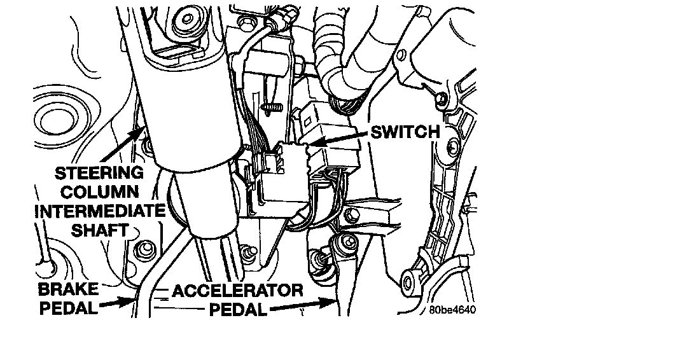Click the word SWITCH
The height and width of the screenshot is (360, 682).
pyautogui.click(x=405, y=132)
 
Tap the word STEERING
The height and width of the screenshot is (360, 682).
pyautogui.click(x=99, y=172)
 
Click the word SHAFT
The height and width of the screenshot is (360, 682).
pyautogui.click(x=99, y=230)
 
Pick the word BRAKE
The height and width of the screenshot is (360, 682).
pyautogui.click(x=69, y=289)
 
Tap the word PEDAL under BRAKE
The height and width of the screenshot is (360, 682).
pyautogui.click(x=67, y=309)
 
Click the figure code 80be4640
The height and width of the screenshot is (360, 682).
pyautogui.click(x=452, y=310)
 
